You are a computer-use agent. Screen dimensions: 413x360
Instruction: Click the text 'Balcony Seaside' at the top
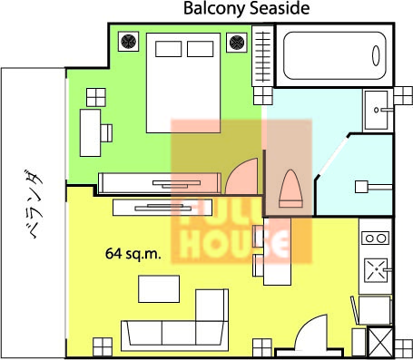(x=247, y=8)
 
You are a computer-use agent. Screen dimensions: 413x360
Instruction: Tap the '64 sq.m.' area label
(x=133, y=254)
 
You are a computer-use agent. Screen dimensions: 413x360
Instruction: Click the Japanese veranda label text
(x=34, y=204)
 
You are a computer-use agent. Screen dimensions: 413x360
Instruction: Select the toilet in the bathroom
(x=290, y=189)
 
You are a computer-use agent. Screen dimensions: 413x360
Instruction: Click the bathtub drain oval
(x=376, y=55)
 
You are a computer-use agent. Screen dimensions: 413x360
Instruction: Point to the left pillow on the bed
(x=169, y=49)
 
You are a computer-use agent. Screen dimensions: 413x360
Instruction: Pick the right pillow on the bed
(x=201, y=49)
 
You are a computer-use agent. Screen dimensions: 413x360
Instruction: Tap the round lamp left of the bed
(x=128, y=42)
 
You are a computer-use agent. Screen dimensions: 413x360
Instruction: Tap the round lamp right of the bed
(x=237, y=43)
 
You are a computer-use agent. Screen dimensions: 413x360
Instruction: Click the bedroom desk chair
(x=106, y=133)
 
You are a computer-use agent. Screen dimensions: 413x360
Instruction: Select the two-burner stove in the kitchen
(x=376, y=238)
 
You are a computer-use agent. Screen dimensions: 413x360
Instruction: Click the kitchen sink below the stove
(x=376, y=270)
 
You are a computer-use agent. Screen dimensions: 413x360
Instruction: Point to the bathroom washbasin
(x=376, y=110)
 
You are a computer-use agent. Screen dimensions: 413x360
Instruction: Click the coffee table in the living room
(x=159, y=289)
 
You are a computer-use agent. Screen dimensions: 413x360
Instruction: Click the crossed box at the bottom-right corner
(x=380, y=342)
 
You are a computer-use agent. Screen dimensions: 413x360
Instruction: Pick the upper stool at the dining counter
(x=258, y=236)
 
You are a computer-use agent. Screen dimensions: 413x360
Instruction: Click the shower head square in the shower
(x=361, y=187)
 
